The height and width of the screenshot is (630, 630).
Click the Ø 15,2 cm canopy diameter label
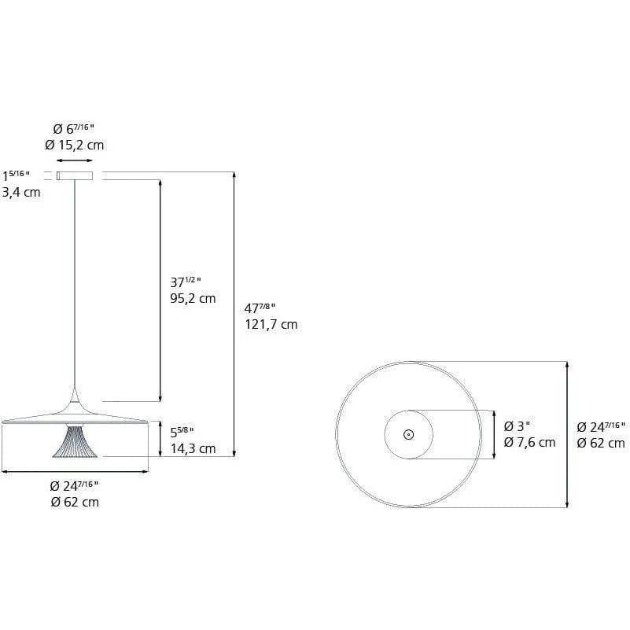point(75,145)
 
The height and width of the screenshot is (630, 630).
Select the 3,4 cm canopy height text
point(21,192)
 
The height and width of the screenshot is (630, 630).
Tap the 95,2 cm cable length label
point(193,298)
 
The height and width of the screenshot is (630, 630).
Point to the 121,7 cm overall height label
point(272,324)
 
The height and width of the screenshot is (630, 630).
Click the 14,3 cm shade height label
point(193,448)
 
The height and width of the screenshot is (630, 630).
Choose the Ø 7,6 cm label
point(529,442)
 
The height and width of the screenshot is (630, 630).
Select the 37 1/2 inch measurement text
point(186,282)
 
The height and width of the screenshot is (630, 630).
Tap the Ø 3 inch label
point(518,426)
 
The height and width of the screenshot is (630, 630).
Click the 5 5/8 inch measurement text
point(182,432)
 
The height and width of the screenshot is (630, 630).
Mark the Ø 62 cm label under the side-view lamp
point(75,502)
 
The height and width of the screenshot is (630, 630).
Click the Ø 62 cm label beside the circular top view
point(601,443)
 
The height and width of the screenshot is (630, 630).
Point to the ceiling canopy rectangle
point(75,175)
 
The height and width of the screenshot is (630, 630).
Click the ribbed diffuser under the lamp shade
point(75,442)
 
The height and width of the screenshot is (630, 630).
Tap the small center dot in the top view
point(408,434)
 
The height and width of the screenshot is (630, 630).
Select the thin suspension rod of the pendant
point(76,283)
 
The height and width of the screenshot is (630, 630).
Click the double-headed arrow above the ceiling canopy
point(75,160)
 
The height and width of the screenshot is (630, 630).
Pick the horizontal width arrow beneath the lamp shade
point(75,472)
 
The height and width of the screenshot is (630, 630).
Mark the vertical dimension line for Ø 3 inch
point(493,434)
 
